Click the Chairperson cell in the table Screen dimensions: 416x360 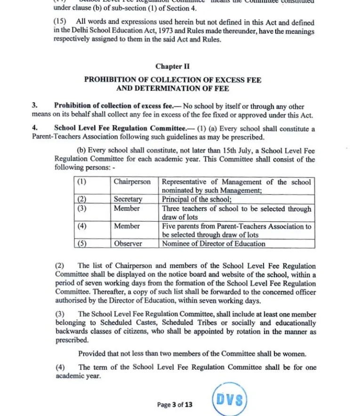point(132,182)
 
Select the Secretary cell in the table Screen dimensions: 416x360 point(128,200)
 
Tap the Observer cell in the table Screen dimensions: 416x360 point(128,244)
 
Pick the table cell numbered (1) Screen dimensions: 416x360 point(82,182)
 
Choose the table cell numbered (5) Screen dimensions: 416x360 point(82,244)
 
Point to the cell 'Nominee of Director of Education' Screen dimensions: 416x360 point(214,244)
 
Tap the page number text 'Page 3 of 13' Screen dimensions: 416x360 point(175,404)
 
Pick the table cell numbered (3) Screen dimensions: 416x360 point(82,208)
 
